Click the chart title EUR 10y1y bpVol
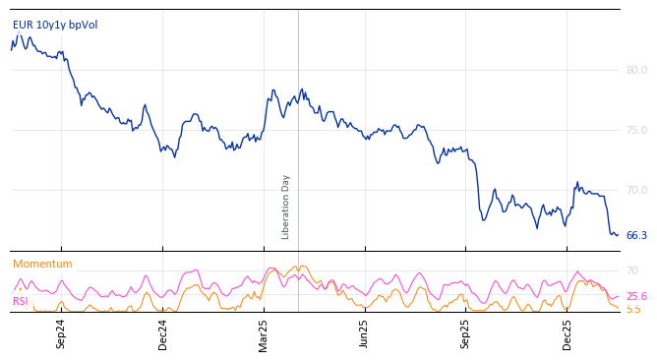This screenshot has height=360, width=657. coord(55,26)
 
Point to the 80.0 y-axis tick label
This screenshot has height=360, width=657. coord(636,70)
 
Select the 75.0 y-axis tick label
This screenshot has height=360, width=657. coord(636,130)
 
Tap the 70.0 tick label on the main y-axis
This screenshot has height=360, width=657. coord(636,190)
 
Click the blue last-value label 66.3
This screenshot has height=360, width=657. coord(636,235)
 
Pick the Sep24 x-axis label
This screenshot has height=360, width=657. coord(61,332)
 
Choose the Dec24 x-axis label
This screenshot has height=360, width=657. coord(163,332)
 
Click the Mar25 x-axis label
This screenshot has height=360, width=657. coord(264,332)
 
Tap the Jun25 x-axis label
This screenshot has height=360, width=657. coord(365,332)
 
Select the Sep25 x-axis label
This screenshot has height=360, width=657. coord(466,332)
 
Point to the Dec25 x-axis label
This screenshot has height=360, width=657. coord(567,332)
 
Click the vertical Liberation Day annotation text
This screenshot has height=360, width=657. coord(286,207)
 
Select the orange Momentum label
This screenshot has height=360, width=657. coord(42,264)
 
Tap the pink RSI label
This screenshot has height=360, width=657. coord(21,301)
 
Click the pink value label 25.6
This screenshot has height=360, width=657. coord(636,296)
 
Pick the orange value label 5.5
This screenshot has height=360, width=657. coord(633,309)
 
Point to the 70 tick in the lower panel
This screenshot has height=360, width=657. coord(632,270)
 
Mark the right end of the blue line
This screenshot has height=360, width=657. coord(618,235)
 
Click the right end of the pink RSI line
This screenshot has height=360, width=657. coord(618,296)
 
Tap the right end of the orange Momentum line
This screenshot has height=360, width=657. coord(619,309)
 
